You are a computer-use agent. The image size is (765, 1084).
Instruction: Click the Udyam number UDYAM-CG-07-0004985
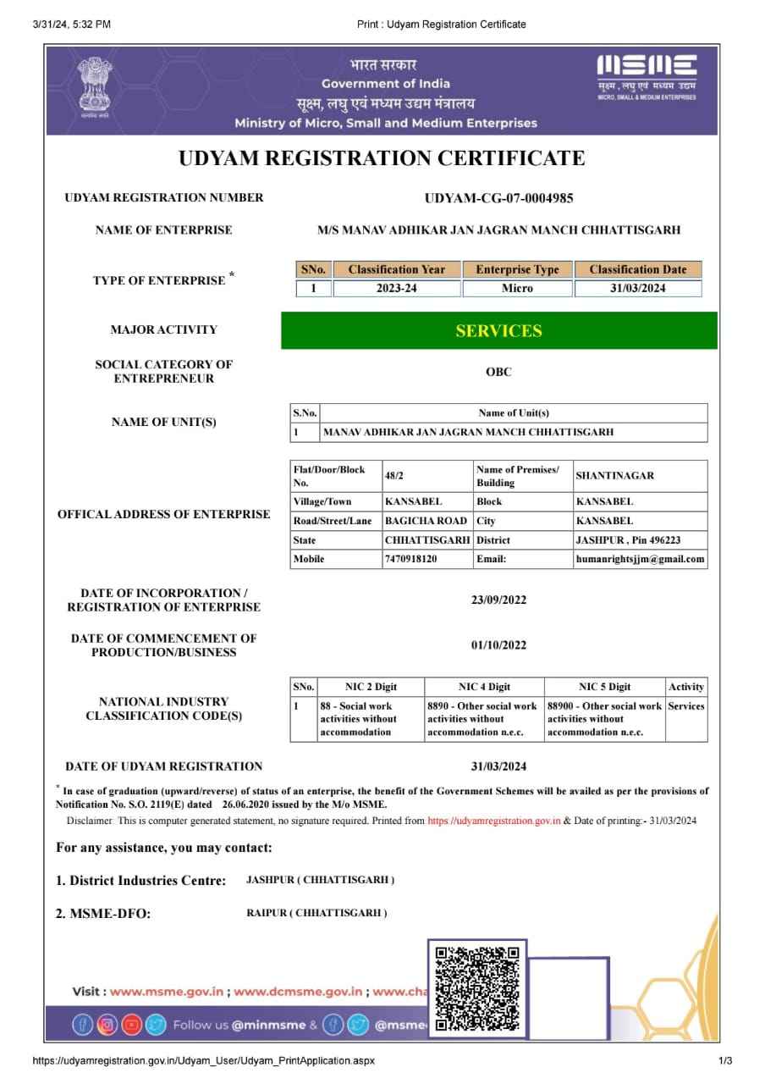tap(498, 198)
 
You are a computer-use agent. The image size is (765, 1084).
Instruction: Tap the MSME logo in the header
tap(647, 76)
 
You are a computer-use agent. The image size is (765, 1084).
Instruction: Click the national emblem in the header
tap(94, 86)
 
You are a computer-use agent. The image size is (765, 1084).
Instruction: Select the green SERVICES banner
tap(498, 331)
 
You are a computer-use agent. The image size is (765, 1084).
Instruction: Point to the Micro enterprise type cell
tap(517, 289)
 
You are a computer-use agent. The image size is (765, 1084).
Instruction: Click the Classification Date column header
tap(638, 269)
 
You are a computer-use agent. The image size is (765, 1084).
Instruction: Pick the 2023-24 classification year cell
tap(396, 289)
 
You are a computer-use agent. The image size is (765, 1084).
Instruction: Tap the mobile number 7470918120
tap(411, 559)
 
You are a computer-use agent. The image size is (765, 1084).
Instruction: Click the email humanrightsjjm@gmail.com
tap(640, 559)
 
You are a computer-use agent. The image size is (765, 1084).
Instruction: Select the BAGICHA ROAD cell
tap(426, 521)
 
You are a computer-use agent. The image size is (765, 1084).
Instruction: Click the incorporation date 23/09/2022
tap(498, 600)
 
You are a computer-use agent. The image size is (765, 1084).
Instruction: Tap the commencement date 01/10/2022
tap(498, 645)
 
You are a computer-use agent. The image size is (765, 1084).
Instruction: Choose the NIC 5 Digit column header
tap(604, 687)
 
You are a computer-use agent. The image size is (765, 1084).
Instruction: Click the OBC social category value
tap(498, 372)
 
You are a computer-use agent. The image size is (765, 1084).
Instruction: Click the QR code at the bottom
tap(476, 988)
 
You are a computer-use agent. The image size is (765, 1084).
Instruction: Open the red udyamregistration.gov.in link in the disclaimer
tap(493, 821)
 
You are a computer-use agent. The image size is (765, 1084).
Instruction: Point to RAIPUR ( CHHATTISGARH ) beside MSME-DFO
tap(311, 913)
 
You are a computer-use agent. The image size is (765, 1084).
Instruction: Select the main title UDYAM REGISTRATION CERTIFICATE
tap(382, 158)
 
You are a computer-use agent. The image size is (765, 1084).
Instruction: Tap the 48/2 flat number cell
tap(394, 476)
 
